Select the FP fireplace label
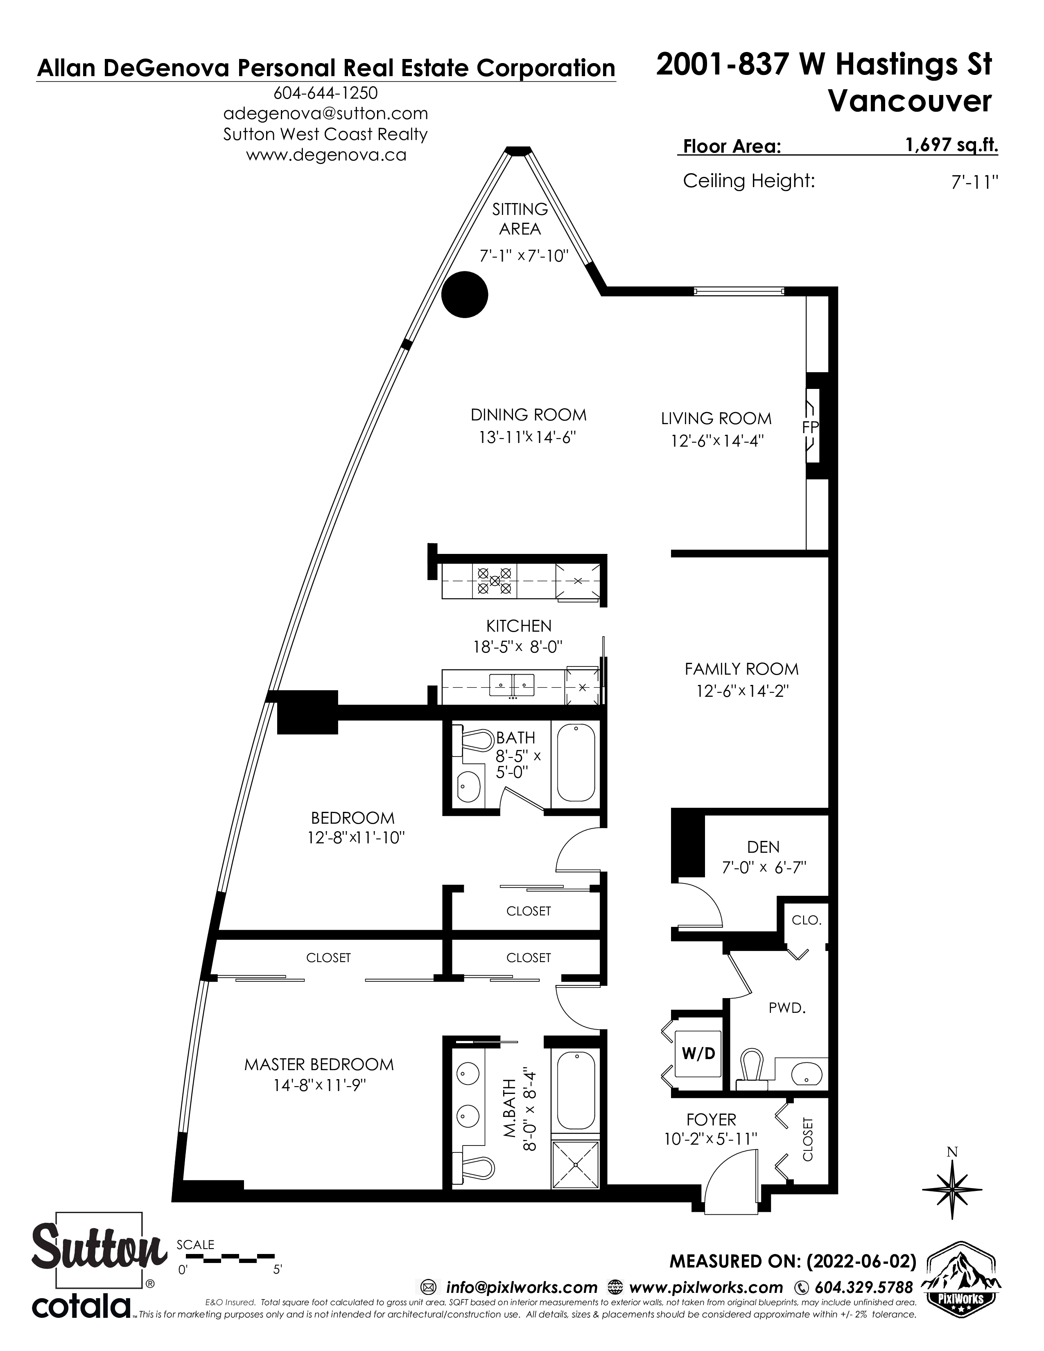[810, 427]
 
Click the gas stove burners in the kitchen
[495, 581]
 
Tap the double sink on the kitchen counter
[512, 685]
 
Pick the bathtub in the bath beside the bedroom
[576, 763]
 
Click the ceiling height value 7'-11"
[975, 183]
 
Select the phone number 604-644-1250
[325, 93]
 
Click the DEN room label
[763, 847]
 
